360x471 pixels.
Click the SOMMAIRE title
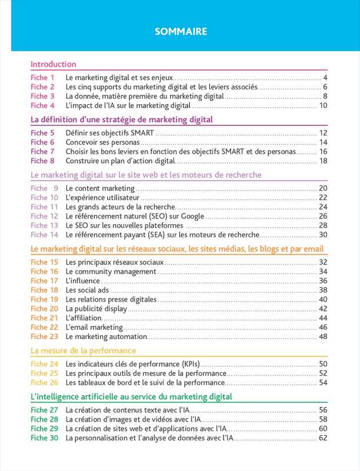click(181, 32)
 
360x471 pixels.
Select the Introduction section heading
click(53, 64)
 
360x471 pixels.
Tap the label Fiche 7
click(42, 151)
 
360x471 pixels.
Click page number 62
click(322, 438)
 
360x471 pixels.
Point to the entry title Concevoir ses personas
click(103, 142)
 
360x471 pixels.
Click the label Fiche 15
click(44, 262)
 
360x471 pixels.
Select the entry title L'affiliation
click(84, 318)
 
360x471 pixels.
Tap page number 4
click(325, 78)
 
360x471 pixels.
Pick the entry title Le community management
click(111, 271)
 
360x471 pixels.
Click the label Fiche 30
click(44, 438)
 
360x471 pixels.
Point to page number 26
click(322, 216)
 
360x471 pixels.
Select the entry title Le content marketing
click(100, 188)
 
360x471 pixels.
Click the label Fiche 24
click(44, 364)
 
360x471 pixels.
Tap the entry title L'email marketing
click(94, 327)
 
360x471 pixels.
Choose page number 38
click(322, 290)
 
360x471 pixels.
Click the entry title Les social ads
click(86, 290)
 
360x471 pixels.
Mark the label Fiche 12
click(44, 216)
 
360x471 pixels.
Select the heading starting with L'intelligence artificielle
click(131, 397)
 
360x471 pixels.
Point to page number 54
click(322, 383)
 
